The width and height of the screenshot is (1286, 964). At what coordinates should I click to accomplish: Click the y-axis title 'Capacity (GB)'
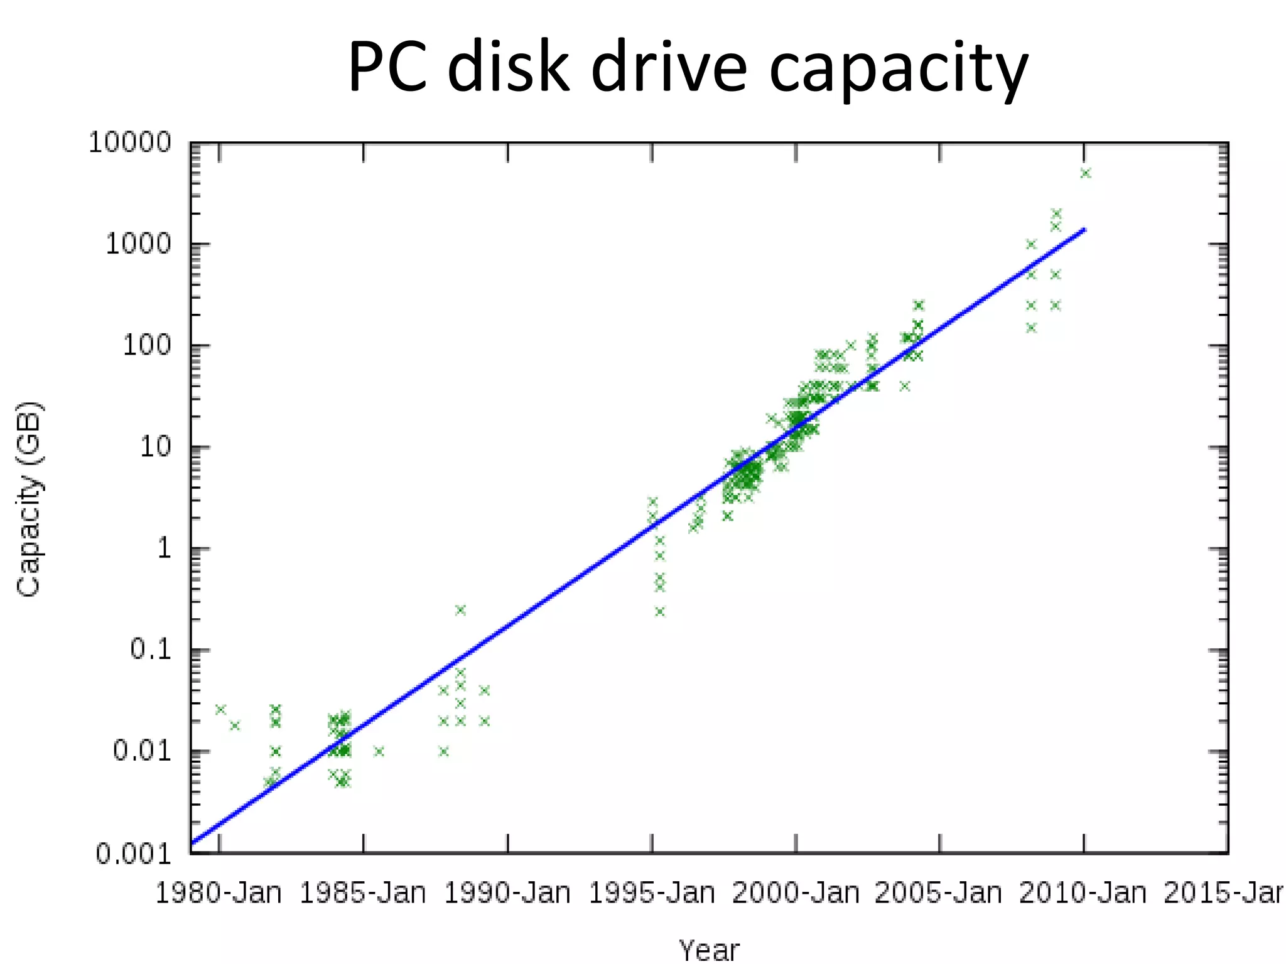pos(29,499)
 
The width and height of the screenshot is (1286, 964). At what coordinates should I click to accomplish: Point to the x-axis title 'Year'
pos(709,950)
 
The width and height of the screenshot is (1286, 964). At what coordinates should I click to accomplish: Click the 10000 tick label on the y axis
pos(130,143)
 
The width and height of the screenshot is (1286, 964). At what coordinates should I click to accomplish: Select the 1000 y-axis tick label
pos(138,244)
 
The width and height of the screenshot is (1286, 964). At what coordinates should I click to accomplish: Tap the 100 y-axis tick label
pos(146,346)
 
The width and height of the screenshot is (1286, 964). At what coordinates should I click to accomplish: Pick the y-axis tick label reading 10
pos(155,447)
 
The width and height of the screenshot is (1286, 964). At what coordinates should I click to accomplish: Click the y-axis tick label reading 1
pos(164,549)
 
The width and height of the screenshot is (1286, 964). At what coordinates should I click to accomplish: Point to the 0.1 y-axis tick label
pos(151,650)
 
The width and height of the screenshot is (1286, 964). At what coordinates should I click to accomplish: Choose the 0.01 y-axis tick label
pos(142,751)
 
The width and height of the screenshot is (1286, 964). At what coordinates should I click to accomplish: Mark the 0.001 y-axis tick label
pos(133,854)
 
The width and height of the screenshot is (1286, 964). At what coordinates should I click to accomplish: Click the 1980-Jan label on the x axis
pos(219,892)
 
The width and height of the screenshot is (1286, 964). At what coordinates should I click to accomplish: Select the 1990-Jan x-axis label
pos(507,892)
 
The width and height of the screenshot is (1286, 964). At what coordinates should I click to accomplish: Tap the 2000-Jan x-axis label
pos(796,892)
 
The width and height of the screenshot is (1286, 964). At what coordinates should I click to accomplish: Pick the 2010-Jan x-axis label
pos(1083,892)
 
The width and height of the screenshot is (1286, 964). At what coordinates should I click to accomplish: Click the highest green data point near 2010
pos(1086,173)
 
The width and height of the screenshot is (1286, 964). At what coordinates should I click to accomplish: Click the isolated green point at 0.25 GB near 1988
pos(460,610)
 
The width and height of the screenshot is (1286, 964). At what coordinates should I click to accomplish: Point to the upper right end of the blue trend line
pos(1084,230)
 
